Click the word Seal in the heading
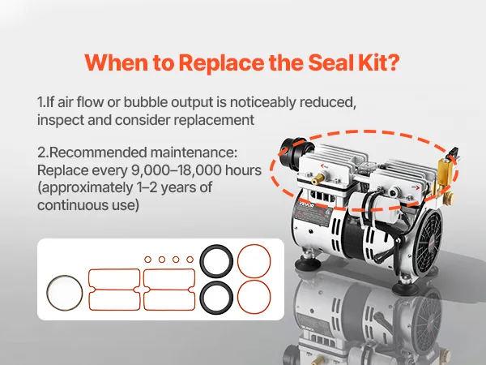pos(330,62)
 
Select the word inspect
pos(60,120)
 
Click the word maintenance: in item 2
pos(194,152)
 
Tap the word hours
pos(243,170)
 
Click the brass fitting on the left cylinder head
pos(318,178)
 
